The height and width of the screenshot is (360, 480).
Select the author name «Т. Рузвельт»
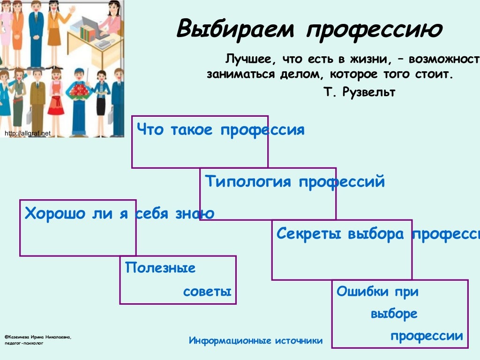(359, 92)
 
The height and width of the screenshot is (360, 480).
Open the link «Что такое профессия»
(221, 130)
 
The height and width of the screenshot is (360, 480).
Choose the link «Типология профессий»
(295, 181)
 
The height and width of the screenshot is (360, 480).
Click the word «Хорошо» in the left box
(55, 214)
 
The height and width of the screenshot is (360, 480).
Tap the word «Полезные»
(160, 269)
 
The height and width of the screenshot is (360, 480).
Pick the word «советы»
(207, 292)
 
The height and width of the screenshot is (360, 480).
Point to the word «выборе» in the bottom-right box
(394, 314)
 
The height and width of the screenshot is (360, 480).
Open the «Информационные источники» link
(255, 341)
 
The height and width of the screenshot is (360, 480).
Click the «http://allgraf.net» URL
(27, 134)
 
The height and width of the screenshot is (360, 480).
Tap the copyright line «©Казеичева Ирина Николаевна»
(38, 337)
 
